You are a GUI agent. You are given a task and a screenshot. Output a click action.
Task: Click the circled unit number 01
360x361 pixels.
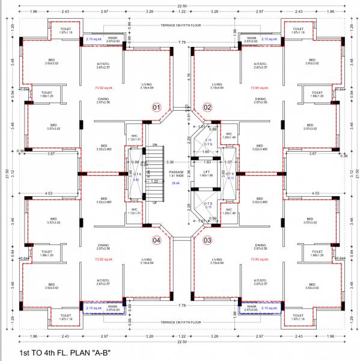tap(157, 108)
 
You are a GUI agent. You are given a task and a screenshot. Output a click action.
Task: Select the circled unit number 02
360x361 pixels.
tap(207, 108)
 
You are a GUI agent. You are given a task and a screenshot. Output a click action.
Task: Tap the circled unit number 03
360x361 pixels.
tap(207, 240)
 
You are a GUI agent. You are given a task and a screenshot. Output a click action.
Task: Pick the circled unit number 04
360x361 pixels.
tap(157, 240)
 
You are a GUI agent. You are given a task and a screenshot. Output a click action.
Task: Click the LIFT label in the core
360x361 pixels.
tap(206, 171)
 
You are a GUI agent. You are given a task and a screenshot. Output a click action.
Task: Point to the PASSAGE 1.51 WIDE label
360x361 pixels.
tap(176, 174)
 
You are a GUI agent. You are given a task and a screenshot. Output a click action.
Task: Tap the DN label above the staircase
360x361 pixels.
tap(154, 145)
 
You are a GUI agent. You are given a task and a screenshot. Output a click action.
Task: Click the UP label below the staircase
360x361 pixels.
tap(154, 202)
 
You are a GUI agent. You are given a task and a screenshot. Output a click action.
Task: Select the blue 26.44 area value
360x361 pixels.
tap(176, 183)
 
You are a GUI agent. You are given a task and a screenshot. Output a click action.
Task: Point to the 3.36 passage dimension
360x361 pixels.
tap(170, 162)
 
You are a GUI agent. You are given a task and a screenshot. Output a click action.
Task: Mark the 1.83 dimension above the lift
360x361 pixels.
tap(207, 162)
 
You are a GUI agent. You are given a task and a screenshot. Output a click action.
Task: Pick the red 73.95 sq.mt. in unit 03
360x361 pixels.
tap(258, 259)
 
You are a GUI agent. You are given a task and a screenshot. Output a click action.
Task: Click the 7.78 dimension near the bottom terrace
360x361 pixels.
tap(182, 306)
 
